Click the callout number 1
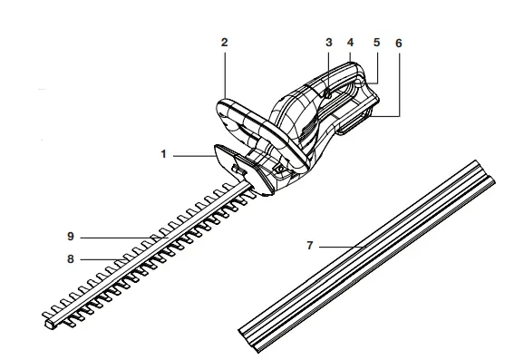tap(164, 155)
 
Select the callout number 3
tap(329, 43)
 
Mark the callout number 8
tap(69, 258)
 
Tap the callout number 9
tap(69, 236)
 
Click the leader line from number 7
tap(340, 245)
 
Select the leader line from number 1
tap(192, 156)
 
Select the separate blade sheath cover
tap(363, 263)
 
